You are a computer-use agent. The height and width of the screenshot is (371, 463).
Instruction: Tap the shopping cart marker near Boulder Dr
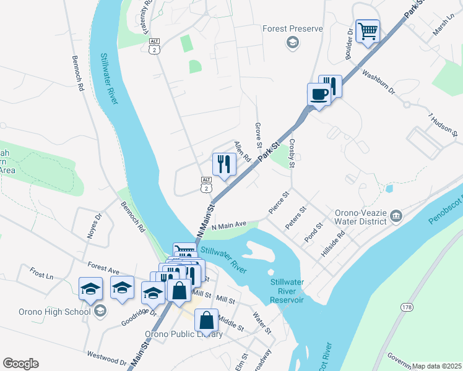point(368,31)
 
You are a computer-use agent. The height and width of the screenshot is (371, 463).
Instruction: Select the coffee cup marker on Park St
point(319,95)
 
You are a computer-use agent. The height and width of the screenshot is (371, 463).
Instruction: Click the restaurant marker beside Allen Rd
point(223,164)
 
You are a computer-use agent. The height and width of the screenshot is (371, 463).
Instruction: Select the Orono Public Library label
point(183,335)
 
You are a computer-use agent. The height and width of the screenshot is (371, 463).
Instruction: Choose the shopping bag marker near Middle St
point(207,320)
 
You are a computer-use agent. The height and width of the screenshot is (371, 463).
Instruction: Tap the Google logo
point(20,363)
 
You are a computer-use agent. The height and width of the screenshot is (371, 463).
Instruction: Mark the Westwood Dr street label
point(106,358)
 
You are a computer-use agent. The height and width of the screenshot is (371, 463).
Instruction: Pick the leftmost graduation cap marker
point(90,288)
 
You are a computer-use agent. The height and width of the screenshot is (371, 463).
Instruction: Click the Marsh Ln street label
point(443,26)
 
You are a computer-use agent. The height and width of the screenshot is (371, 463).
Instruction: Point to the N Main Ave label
point(229,226)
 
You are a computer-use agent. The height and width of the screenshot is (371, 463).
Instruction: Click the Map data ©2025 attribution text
point(436,366)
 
